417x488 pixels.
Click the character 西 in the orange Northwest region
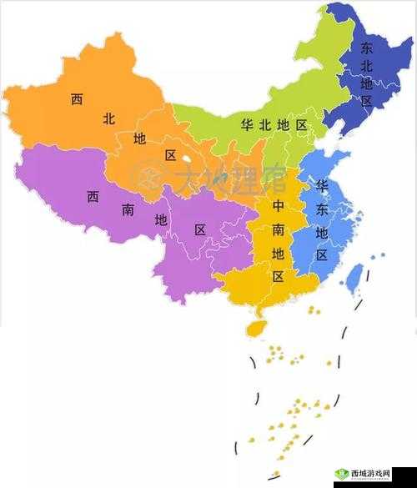coord(77,99)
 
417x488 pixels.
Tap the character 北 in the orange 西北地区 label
coord(108,119)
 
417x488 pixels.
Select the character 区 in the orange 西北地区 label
coord(170,155)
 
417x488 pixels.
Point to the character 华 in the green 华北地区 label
coord(247,125)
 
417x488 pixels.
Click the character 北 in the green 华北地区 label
coord(265,125)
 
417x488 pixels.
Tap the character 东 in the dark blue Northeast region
coord(366,48)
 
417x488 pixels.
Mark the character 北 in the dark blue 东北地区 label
coord(366,66)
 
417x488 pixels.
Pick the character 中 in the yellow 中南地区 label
coord(279,205)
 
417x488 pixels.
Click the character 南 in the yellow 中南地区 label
coord(279,228)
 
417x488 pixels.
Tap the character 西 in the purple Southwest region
coord(93,198)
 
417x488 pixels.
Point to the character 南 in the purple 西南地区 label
coord(128,210)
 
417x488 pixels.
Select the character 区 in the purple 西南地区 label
coord(200,229)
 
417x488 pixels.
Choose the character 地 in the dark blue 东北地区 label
coord(366,83)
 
